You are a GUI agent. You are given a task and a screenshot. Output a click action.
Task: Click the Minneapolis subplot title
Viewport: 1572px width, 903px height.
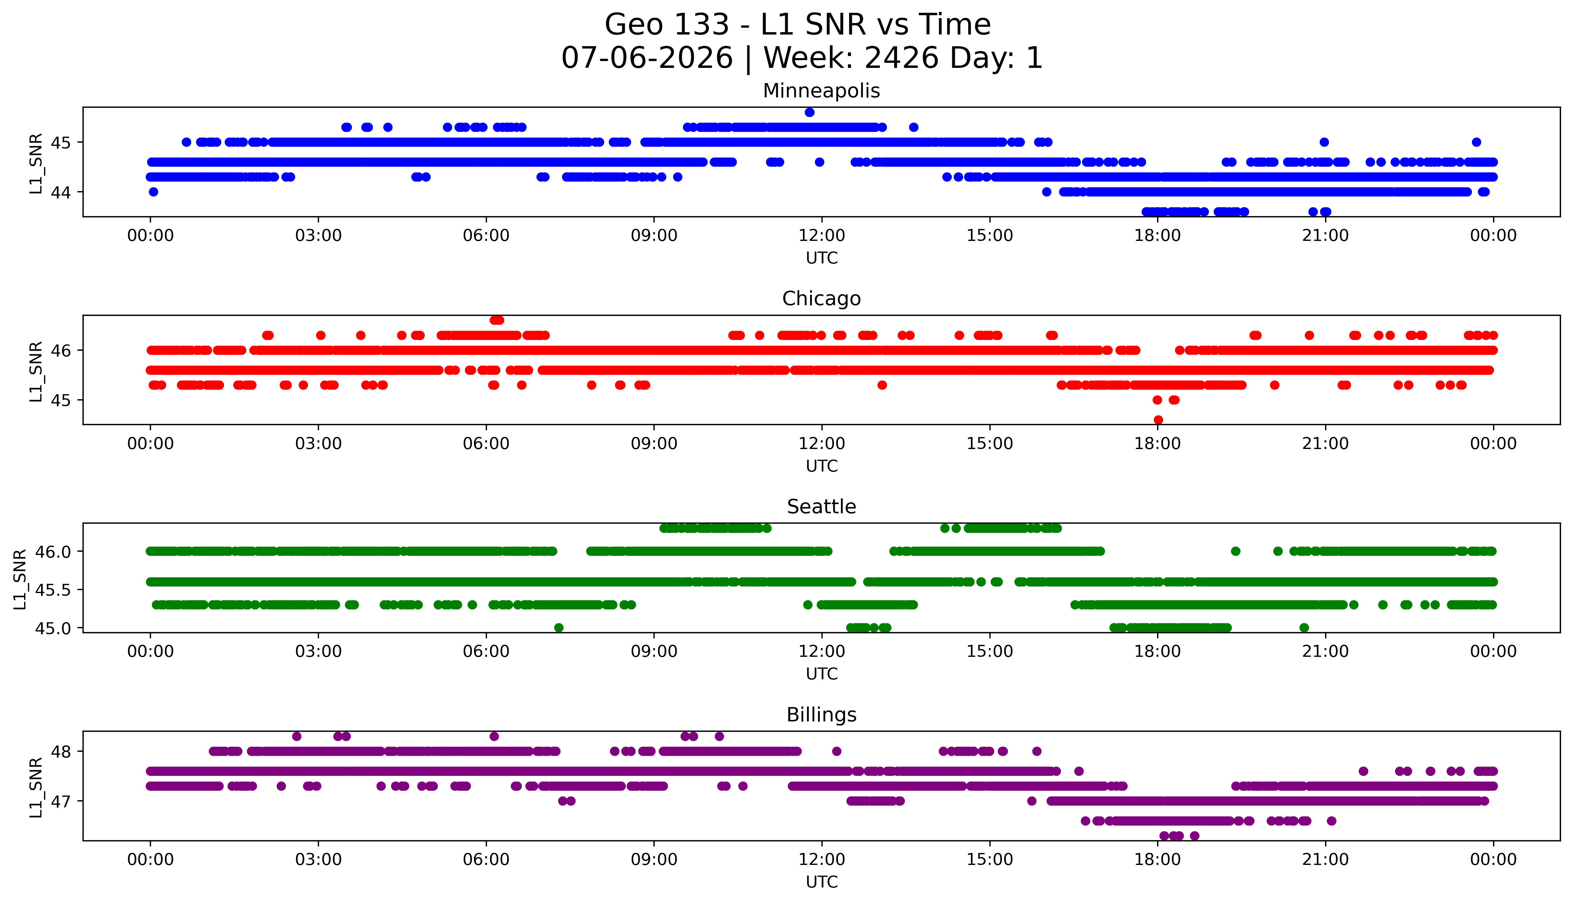point(821,91)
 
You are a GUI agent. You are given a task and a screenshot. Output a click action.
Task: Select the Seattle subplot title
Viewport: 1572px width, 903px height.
point(821,507)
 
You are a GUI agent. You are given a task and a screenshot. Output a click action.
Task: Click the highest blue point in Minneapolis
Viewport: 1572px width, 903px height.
point(810,112)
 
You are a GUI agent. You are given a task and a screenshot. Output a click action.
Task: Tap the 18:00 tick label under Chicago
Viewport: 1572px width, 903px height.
point(1158,443)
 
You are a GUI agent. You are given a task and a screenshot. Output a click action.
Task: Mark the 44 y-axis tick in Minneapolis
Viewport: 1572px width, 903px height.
point(62,192)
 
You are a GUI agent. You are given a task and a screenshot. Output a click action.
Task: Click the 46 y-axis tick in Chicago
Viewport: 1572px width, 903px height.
point(62,350)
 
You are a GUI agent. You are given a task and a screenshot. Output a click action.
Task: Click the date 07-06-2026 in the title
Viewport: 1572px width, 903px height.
point(647,58)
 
